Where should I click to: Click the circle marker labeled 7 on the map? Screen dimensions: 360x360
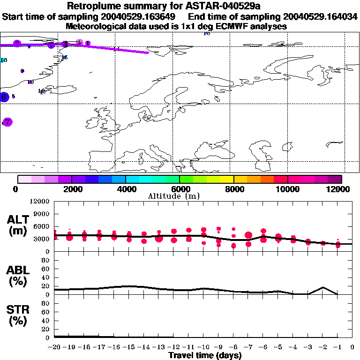click(7, 122)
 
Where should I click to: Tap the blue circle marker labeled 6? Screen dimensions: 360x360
click(4, 97)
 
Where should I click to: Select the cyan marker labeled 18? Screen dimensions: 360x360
click(3, 60)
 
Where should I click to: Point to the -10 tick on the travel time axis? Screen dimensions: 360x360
click(203, 347)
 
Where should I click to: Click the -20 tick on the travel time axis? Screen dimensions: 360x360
click(54, 347)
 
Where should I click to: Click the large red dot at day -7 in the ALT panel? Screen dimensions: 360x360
click(248, 235)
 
